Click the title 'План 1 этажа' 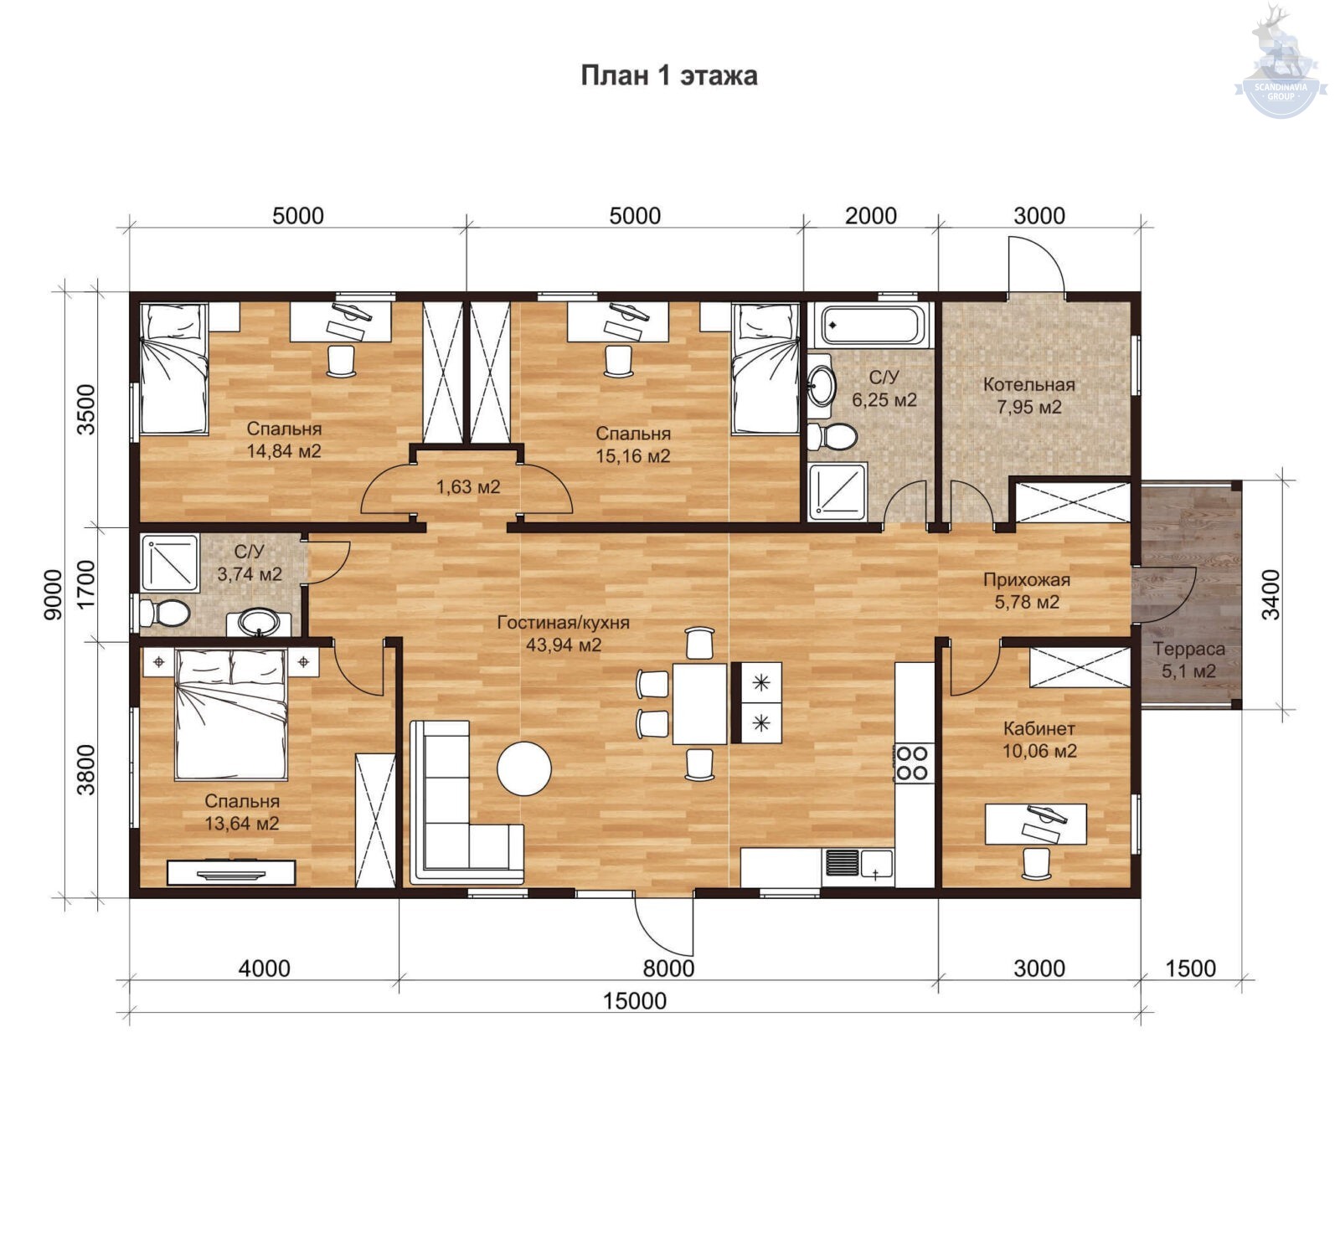(669, 75)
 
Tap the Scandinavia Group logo (1281, 60)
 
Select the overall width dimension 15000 (635, 1000)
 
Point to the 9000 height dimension (53, 594)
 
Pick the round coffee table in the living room (524, 768)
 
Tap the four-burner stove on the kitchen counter (913, 763)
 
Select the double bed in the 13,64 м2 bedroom (231, 715)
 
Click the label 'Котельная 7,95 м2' (1029, 396)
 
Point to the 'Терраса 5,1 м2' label (1188, 660)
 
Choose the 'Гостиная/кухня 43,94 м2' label (564, 634)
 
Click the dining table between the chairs (700, 702)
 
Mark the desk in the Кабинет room (1036, 824)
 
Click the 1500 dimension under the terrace (1190, 968)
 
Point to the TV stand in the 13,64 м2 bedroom (231, 872)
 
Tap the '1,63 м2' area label (468, 486)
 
